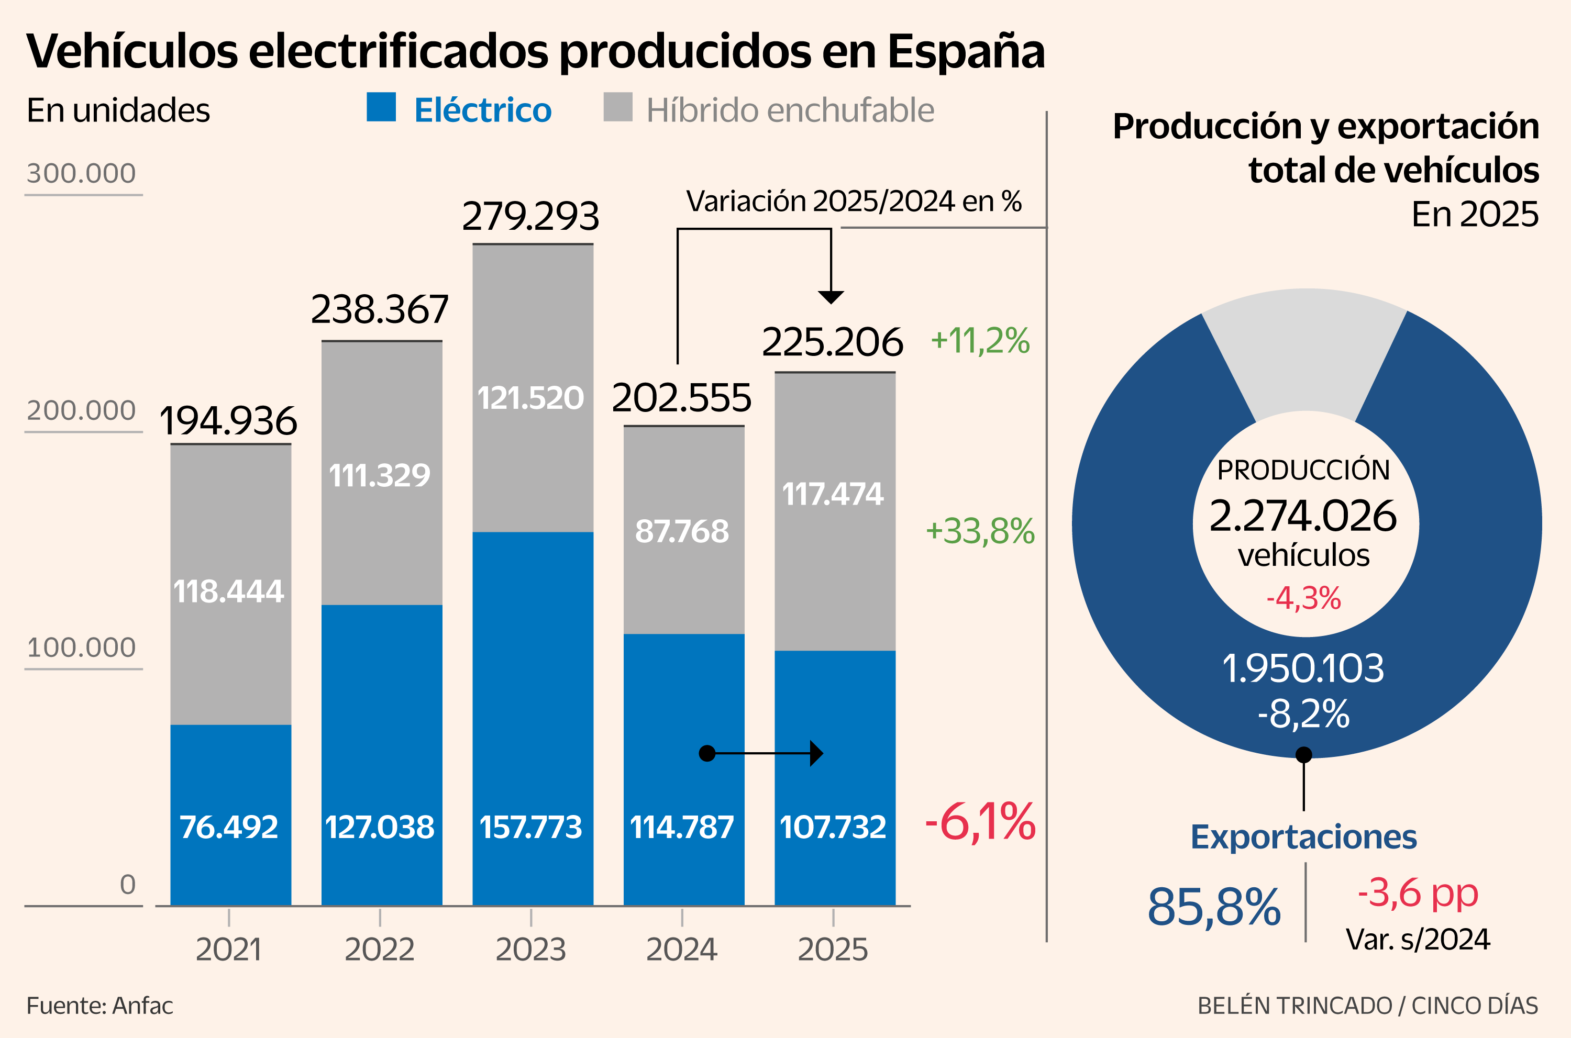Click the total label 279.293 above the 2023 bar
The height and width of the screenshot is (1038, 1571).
(x=530, y=217)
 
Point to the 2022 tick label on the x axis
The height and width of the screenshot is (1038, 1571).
(x=380, y=950)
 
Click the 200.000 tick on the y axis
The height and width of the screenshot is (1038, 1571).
(x=81, y=410)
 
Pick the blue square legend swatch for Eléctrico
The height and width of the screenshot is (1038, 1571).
(x=381, y=107)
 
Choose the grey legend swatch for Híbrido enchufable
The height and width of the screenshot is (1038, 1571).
(x=617, y=107)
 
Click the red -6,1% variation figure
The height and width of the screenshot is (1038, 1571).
(x=980, y=821)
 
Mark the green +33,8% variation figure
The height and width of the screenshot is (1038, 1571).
(x=980, y=531)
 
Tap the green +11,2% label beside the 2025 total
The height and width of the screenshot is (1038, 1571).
(x=980, y=340)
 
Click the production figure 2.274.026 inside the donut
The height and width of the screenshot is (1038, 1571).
(x=1303, y=516)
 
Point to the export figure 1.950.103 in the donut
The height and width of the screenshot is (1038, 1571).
(x=1303, y=668)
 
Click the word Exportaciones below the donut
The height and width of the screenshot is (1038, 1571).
(x=1303, y=837)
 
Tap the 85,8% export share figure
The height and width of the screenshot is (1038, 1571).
(x=1213, y=907)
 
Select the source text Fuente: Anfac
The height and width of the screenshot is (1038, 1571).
(x=99, y=1006)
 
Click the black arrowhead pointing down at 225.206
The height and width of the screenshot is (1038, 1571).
(x=831, y=297)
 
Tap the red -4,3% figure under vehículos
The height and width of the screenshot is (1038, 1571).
(x=1303, y=598)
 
